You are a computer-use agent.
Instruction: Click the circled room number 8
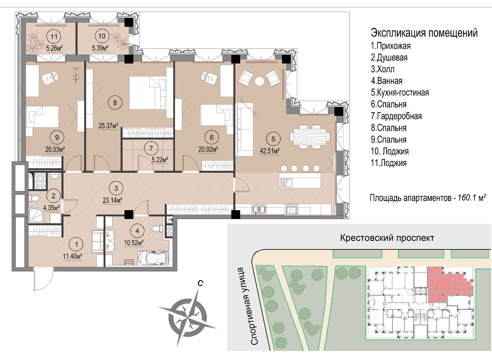[x=115, y=102]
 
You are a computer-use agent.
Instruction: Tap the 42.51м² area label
[x=270, y=151]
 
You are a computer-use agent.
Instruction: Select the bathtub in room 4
[x=153, y=258]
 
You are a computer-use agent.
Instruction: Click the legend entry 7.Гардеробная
[x=396, y=116]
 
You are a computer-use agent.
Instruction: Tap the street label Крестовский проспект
[x=387, y=238]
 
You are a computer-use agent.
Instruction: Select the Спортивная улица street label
[x=247, y=306]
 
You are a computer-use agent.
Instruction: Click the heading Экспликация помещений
[x=424, y=33]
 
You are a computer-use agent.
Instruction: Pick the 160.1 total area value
[x=467, y=198]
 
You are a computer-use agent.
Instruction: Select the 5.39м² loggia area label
[x=100, y=48]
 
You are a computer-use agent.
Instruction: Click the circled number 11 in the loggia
[x=54, y=36]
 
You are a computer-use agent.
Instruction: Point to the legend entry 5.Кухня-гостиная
[x=400, y=92]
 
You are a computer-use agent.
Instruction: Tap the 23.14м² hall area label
[x=113, y=200]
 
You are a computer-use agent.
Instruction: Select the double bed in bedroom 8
[x=148, y=92]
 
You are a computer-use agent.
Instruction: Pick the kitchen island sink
[x=285, y=183]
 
